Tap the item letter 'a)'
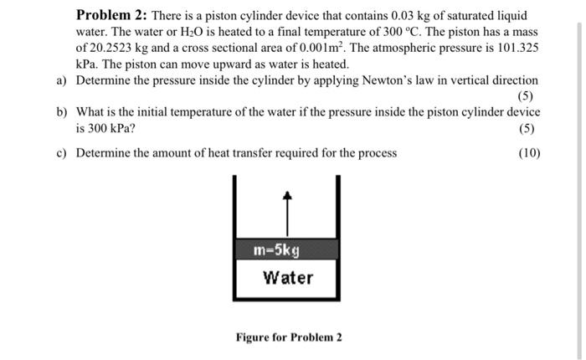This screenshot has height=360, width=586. tap(62, 80)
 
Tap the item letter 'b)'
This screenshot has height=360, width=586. tap(62, 111)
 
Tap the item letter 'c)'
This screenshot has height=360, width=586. tap(62, 152)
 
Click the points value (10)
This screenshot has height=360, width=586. tap(528, 152)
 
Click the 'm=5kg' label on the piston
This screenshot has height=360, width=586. tap(276, 249)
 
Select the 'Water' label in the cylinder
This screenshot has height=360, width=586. tap(287, 277)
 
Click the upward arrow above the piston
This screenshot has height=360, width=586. tap(287, 213)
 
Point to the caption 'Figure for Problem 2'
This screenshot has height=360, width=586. tap(289, 337)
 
